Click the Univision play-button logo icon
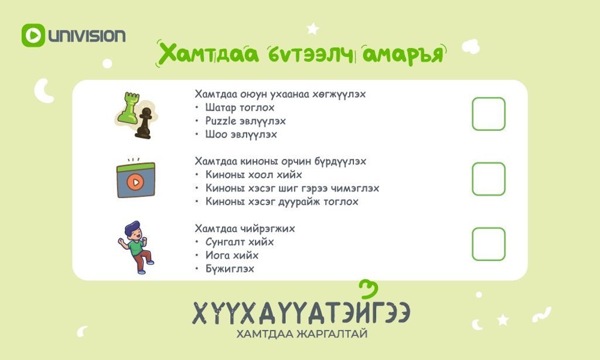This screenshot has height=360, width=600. [33, 35]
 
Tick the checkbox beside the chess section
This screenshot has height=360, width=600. [489, 114]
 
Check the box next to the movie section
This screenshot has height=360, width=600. [489, 179]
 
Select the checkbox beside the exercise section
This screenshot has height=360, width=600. [489, 244]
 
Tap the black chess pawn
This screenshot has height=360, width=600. [144, 123]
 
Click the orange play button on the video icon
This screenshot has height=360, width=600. [135, 182]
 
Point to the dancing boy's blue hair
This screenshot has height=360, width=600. [131, 226]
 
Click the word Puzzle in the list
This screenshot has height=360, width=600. [221, 121]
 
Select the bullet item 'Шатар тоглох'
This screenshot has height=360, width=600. [240, 108]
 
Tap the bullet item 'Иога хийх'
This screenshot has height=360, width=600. [232, 256]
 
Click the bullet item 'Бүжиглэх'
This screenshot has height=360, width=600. [230, 269]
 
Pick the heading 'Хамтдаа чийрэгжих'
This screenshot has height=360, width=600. [245, 229]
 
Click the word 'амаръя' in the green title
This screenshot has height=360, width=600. [403, 54]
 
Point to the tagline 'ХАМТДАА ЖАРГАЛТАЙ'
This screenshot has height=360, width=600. [302, 334]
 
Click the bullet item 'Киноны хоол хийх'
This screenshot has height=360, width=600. [254, 175]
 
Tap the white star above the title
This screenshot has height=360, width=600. [313, 29]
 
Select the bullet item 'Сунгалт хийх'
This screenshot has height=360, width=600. [240, 242]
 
